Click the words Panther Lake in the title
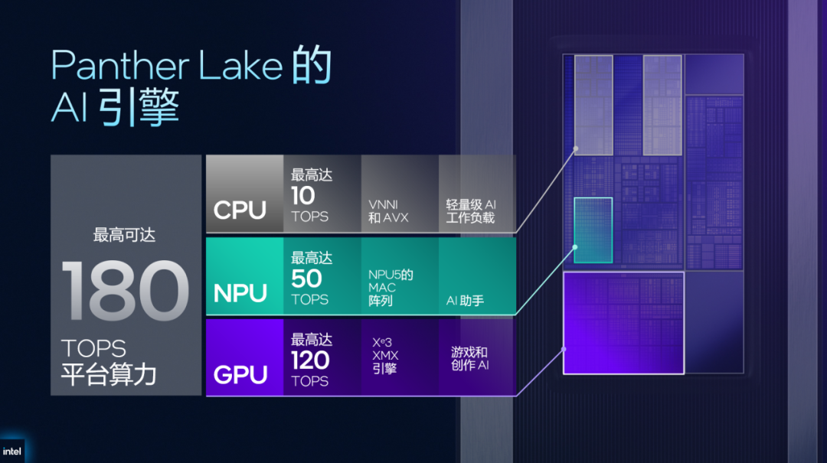[167, 66]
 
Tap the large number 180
[125, 291]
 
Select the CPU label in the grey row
[240, 210]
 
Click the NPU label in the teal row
[240, 293]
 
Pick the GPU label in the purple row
[240, 375]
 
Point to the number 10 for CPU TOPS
[303, 196]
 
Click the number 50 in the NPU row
[306, 279]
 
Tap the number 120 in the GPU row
[310, 360]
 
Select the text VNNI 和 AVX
[388, 211]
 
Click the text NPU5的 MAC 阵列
[391, 288]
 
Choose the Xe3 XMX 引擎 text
[386, 356]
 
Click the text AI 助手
[465, 301]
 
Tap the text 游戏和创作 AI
[469, 358]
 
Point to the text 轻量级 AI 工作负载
[471, 211]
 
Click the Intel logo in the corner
[12, 451]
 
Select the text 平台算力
[109, 375]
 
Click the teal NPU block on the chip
[593, 230]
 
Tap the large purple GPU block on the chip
[623, 322]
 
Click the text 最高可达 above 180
[124, 235]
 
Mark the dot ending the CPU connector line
[575, 149]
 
